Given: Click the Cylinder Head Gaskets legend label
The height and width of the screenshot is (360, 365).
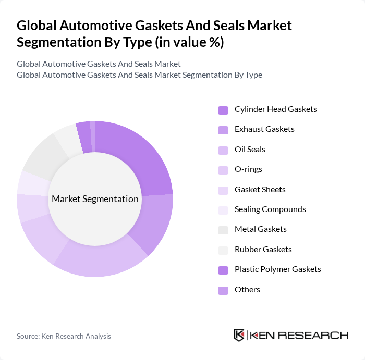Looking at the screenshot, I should tap(275, 109).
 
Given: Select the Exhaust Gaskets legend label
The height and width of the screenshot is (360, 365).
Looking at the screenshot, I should tap(264, 129).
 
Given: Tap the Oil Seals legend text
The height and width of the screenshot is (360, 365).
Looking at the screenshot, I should tap(250, 150).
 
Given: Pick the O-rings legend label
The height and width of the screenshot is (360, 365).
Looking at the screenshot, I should tap(248, 169).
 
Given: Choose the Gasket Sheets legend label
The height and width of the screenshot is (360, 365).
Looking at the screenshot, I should tap(260, 190).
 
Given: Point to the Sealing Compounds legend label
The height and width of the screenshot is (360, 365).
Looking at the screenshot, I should tap(270, 209).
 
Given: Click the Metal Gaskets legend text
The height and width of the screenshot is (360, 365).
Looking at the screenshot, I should tap(260, 229).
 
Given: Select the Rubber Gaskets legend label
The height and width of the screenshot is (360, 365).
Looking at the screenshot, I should tap(263, 250).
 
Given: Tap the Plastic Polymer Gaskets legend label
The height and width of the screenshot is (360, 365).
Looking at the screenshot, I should tap(277, 269).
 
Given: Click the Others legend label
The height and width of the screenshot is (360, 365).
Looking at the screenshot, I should tap(247, 290).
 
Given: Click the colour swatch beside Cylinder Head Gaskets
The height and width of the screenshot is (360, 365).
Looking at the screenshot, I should tap(223, 110).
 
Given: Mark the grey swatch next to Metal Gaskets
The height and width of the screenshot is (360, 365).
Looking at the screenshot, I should tap(223, 230).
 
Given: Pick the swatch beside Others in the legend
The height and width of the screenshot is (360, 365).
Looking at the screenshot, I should tap(223, 290).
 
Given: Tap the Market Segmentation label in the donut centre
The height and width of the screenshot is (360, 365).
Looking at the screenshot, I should tap(95, 199).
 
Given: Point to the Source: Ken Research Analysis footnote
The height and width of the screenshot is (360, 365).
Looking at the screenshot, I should tap(64, 336).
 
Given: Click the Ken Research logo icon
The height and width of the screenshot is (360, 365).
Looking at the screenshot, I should tap(239, 335).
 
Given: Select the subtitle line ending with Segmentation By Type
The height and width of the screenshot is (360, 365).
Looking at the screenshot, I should tap(139, 75).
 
